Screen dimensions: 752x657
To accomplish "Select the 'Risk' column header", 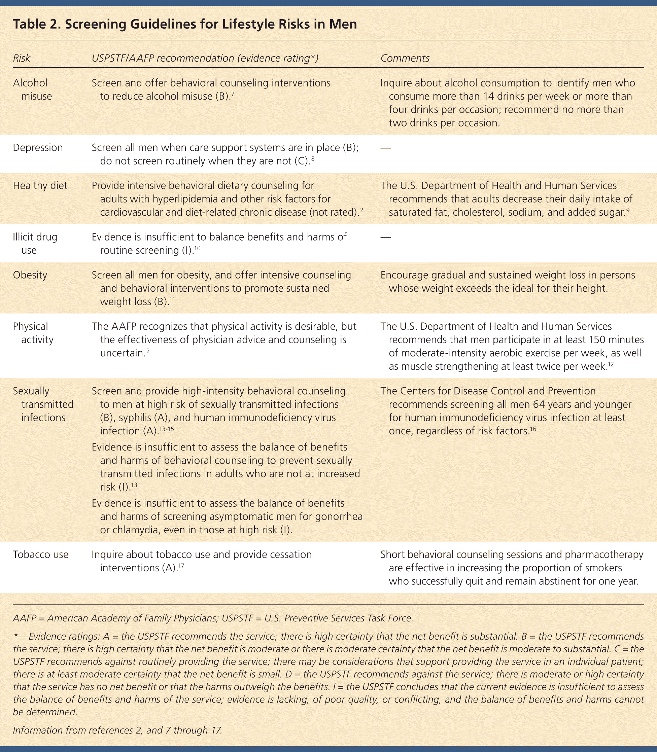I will point(22,58).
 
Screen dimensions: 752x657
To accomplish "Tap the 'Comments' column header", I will point(405,58).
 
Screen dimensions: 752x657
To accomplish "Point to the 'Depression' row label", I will point(38,148).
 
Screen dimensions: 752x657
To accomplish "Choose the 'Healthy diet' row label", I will point(40,186).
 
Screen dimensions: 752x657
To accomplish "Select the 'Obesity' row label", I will point(30,275).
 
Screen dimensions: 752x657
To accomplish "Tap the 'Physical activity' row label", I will point(33,333).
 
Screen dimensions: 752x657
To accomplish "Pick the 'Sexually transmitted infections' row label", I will point(43,404).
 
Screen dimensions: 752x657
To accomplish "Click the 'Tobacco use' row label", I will point(41,554).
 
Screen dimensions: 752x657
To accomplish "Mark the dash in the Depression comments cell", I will point(386,148).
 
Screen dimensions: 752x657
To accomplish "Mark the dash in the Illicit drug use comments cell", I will point(386,238).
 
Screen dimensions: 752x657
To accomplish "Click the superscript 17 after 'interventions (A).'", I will point(181,566).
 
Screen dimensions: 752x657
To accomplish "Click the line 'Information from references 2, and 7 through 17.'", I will point(118,730).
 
